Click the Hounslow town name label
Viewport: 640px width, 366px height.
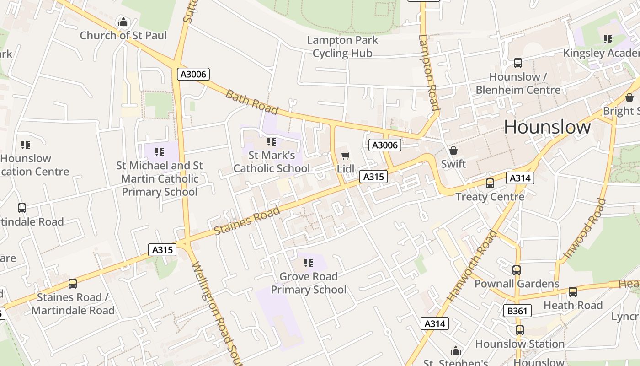pos(547,127)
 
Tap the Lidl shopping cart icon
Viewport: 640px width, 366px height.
pos(345,156)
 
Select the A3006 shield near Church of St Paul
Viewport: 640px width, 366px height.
pos(193,74)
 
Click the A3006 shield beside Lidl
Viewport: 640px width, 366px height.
pos(385,145)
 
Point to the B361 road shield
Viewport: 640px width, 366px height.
pos(517,311)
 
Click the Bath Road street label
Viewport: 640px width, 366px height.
pos(251,102)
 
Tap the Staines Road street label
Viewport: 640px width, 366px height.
pos(247,221)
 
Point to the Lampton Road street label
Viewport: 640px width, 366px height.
pos(429,73)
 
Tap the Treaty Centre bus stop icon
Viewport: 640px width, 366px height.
pos(490,183)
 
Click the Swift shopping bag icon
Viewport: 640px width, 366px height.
pos(453,151)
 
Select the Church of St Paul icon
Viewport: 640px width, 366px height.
pos(123,22)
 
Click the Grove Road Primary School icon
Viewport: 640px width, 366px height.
pos(309,263)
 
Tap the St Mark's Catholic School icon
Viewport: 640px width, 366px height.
pos(272,142)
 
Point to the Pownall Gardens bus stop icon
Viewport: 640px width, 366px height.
pos(517,270)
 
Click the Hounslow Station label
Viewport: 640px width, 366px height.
pos(520,344)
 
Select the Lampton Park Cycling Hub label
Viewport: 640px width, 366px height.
pos(342,47)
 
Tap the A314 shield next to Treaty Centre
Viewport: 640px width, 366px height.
pos(520,178)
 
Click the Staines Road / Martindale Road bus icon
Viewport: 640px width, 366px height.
pos(72,284)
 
